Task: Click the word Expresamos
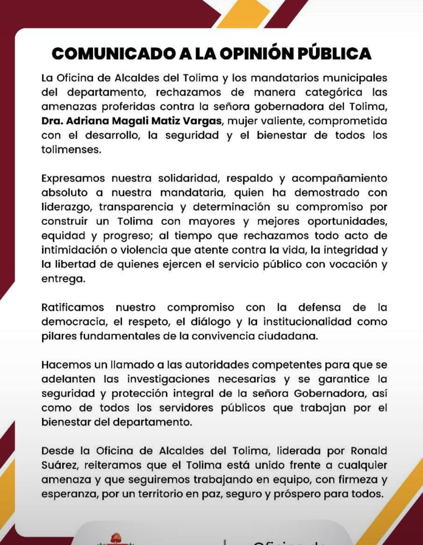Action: coord(72,179)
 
